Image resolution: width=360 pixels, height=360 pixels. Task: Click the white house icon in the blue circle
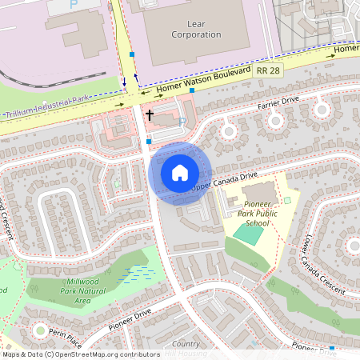click(180, 172)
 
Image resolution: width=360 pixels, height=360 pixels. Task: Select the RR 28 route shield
click(269, 71)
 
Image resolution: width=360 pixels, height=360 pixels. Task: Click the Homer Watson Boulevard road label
click(205, 80)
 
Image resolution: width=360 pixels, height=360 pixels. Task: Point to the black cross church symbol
click(149, 116)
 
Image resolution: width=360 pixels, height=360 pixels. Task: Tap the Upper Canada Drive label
click(225, 182)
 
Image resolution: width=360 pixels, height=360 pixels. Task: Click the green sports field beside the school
click(250, 235)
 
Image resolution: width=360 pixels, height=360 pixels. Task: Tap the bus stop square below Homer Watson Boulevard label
click(192, 90)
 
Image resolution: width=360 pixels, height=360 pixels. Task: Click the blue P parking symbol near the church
click(182, 122)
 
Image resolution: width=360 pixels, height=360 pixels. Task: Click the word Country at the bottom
click(186, 344)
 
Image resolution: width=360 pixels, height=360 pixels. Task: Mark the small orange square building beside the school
click(286, 200)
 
